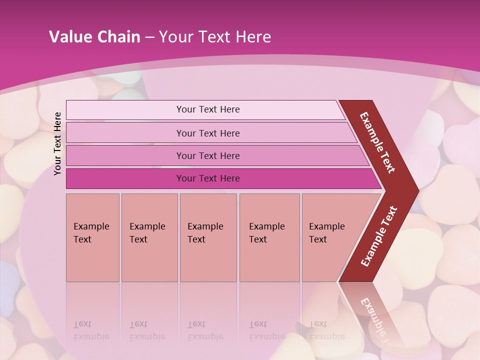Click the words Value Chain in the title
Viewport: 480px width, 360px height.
[94, 37]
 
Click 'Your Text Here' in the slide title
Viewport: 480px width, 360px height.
[215, 37]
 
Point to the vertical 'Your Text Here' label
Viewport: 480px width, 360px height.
[57, 143]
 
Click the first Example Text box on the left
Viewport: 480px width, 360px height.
[92, 237]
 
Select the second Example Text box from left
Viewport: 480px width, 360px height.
[149, 237]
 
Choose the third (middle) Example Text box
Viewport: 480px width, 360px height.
[208, 237]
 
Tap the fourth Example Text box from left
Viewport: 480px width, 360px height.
[269, 237]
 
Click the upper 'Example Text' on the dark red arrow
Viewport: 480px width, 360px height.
[377, 142]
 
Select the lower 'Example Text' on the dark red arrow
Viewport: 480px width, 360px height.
[379, 236]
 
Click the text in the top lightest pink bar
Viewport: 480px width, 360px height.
[208, 109]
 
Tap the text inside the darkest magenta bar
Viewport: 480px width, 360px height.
[208, 178]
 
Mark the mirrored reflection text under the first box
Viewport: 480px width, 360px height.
[91, 330]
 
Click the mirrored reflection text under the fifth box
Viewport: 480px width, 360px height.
[326, 330]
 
